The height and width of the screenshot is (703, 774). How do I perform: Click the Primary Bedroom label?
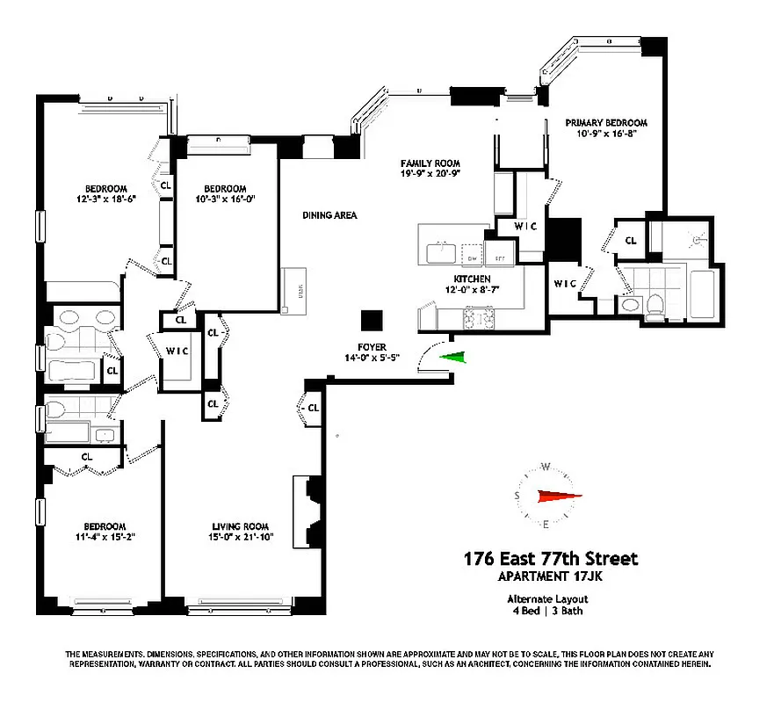coord(605,123)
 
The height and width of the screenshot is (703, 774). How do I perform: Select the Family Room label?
coord(430,163)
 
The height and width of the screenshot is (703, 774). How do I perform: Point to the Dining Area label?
coord(329,215)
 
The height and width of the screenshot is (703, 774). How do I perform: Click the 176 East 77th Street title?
coord(551,559)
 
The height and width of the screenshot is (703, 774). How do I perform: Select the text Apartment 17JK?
coord(551,576)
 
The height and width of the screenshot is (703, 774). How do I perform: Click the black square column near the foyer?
coord(373,320)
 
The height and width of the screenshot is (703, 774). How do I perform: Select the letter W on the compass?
coord(546,467)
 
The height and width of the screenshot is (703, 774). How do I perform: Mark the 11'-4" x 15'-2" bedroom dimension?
coord(105,535)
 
